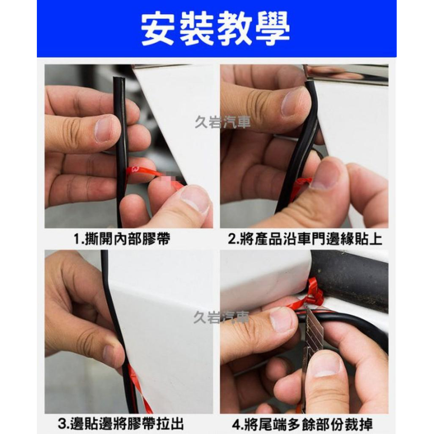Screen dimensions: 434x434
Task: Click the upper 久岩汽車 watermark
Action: coord(223,123)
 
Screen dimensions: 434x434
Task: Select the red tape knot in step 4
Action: coord(315,293)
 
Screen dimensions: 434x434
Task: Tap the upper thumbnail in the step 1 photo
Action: coord(105,128)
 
